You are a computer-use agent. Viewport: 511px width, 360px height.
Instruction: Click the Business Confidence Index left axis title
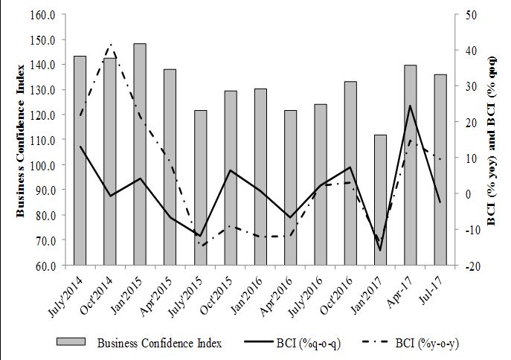click(x=21, y=140)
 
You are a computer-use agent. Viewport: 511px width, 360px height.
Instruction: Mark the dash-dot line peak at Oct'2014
click(x=110, y=44)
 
